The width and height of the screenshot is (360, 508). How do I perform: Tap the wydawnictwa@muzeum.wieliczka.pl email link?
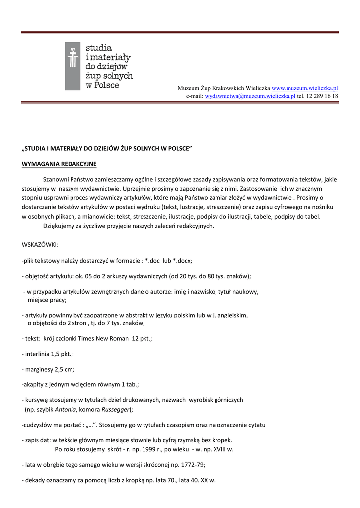click(250, 96)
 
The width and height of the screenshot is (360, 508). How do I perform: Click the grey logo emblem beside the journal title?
click(72, 66)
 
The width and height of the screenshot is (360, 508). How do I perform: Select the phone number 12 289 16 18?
click(322, 96)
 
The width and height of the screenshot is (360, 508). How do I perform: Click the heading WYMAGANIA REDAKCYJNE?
click(59, 163)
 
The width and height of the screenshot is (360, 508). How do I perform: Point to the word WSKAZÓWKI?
click(40, 244)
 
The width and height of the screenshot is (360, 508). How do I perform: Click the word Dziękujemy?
click(61, 226)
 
